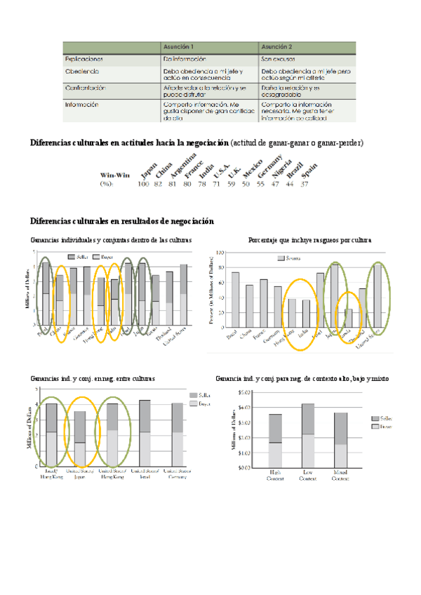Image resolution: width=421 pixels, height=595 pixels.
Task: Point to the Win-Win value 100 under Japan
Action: click(x=144, y=184)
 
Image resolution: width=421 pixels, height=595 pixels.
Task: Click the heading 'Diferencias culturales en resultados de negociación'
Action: click(x=121, y=222)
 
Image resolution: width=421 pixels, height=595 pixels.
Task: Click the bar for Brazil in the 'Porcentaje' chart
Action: click(x=235, y=300)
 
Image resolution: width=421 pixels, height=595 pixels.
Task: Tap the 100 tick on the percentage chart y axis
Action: click(x=218, y=252)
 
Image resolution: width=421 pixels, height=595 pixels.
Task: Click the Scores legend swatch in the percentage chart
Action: click(x=281, y=258)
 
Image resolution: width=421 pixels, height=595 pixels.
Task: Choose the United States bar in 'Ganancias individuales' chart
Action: click(x=183, y=295)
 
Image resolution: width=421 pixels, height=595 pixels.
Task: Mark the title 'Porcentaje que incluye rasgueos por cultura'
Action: click(x=309, y=240)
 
